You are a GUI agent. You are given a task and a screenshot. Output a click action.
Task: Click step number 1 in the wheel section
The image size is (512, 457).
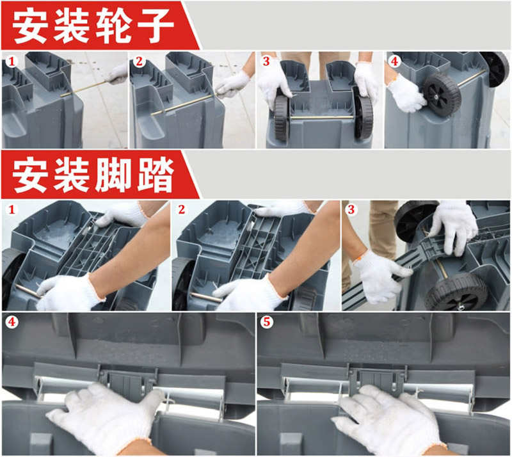point(12,61)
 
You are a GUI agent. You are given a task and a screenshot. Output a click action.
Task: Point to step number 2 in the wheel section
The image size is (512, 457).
point(139,61)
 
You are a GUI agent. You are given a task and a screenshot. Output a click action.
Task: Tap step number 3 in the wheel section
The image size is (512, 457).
point(266,61)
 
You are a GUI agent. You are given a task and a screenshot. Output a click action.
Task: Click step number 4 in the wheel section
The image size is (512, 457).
point(394,61)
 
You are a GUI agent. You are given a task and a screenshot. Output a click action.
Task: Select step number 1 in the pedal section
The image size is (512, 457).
point(12,209)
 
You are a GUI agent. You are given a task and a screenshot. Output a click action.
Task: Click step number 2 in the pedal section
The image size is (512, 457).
point(182,209)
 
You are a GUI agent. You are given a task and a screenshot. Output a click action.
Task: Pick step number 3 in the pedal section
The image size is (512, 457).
point(351,209)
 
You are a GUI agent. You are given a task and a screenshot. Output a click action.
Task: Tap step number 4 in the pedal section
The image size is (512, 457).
point(12,322)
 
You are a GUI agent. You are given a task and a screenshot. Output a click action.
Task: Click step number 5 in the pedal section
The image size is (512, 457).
point(267,322)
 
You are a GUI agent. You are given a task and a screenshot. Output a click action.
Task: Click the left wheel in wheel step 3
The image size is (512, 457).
point(282,118)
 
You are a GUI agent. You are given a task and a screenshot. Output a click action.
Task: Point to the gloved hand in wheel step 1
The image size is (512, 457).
point(116,74)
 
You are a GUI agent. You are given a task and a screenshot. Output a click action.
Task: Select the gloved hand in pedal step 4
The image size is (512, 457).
point(104,418)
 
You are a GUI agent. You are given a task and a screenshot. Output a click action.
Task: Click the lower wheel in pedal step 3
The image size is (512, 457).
point(460,292)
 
